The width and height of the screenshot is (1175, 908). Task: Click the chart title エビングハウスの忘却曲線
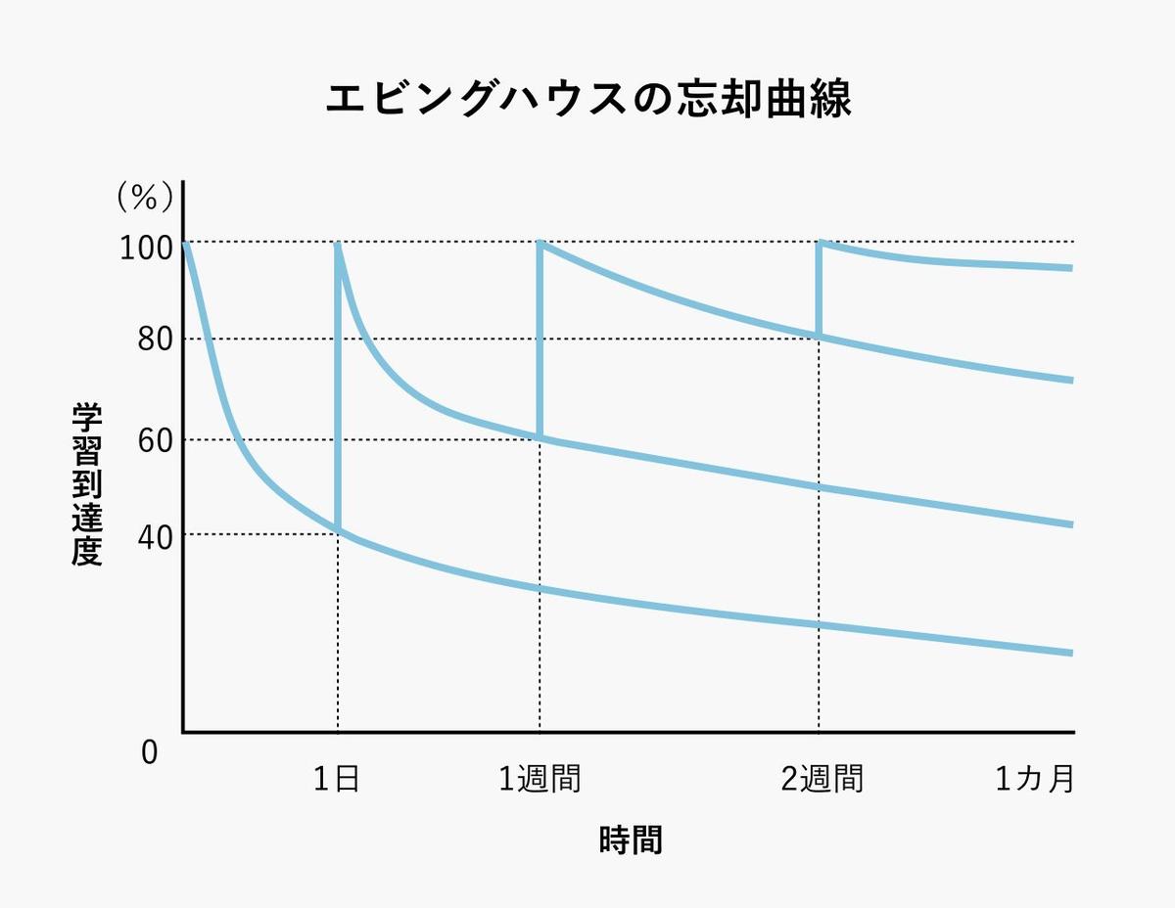pyautogui.click(x=587, y=99)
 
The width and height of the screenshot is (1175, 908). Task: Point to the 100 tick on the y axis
pyautogui.click(x=146, y=247)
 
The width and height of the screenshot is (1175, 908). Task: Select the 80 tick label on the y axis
pyautogui.click(x=153, y=341)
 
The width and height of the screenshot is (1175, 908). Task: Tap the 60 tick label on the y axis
pyautogui.click(x=153, y=439)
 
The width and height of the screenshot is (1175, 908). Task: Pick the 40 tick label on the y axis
pyautogui.click(x=153, y=535)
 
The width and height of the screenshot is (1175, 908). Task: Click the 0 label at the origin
pyautogui.click(x=149, y=752)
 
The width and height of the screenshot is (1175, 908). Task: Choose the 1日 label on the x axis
pyautogui.click(x=337, y=780)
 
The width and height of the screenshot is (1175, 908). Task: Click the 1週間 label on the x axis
pyautogui.click(x=540, y=780)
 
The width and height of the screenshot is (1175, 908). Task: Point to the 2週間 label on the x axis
pyautogui.click(x=822, y=780)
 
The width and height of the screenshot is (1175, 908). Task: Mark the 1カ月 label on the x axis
pyautogui.click(x=1035, y=780)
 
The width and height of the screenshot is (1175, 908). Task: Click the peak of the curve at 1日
pyautogui.click(x=338, y=245)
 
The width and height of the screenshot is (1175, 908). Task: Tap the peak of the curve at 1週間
pyautogui.click(x=540, y=243)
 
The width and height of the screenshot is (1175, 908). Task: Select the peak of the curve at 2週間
pyautogui.click(x=820, y=243)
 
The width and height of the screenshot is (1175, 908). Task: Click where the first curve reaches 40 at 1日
pyautogui.click(x=338, y=530)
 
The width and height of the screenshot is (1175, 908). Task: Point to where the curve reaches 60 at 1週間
pyautogui.click(x=540, y=437)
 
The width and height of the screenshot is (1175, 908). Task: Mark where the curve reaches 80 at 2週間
pyautogui.click(x=819, y=337)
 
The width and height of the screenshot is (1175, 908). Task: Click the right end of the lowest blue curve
pyautogui.click(x=1071, y=653)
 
